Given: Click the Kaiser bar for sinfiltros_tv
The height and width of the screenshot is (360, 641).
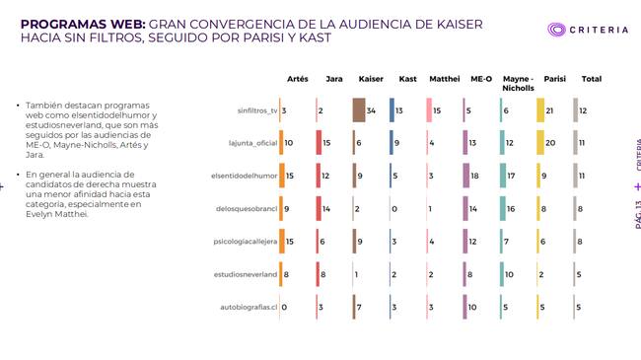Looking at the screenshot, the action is click(x=359, y=110).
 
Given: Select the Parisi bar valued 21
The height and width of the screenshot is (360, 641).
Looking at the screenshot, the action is click(x=540, y=110).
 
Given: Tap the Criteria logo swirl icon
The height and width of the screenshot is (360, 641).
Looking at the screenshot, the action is click(x=556, y=30).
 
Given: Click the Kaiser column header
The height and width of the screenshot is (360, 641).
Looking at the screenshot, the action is click(x=371, y=79).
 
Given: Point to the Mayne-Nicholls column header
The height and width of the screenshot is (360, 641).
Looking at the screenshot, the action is click(x=518, y=83).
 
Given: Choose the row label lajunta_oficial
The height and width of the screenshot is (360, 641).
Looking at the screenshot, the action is click(x=252, y=143).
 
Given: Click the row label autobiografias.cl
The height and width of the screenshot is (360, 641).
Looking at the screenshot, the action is click(x=249, y=307).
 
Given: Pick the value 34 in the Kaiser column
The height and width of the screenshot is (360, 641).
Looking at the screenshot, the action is click(x=371, y=110).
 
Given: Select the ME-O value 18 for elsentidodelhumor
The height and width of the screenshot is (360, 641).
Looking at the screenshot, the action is click(x=474, y=176).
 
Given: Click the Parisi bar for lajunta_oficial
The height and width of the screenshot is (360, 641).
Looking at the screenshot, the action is click(x=540, y=142).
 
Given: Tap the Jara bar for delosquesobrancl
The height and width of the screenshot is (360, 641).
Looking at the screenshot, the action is click(x=319, y=209).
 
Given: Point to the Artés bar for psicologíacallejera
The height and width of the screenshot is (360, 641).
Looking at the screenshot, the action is click(x=282, y=242).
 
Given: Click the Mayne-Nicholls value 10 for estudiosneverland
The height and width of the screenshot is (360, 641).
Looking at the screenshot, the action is click(x=509, y=274).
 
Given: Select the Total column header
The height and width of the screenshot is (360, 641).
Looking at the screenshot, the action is click(x=592, y=79).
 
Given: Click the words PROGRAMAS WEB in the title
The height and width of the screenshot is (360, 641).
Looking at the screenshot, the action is click(x=83, y=24).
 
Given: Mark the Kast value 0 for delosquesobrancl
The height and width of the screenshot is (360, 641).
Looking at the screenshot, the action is click(x=394, y=209).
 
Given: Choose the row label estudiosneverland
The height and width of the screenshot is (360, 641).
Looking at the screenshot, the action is click(x=246, y=274).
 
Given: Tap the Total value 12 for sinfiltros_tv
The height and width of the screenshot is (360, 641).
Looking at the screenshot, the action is click(x=583, y=110).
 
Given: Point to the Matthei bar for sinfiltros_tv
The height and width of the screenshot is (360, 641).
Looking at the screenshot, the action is click(x=429, y=110).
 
